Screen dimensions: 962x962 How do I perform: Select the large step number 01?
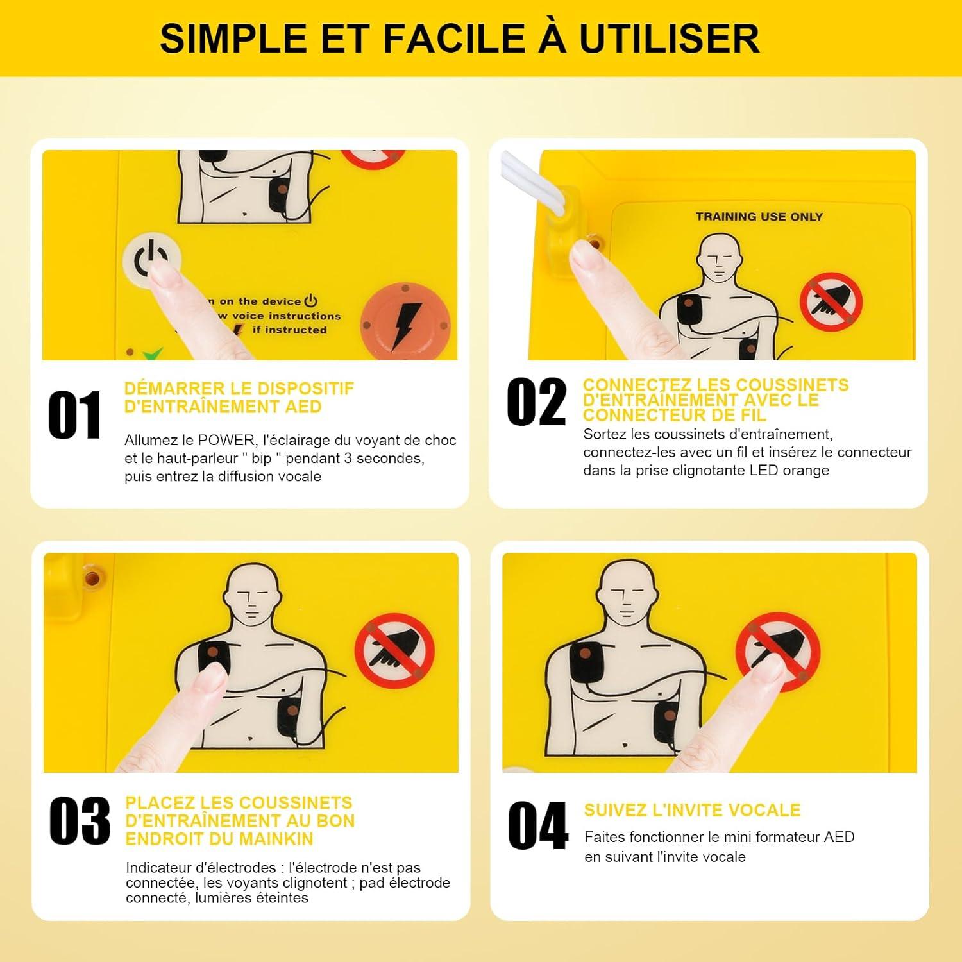pyautogui.click(x=75, y=415)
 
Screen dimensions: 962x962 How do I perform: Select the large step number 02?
pyautogui.click(x=536, y=403)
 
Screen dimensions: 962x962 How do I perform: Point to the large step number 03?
pyautogui.click(x=80, y=821)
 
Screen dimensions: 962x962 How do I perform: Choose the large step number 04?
pyautogui.click(x=537, y=826)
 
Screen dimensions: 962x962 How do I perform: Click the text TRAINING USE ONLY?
pyautogui.click(x=759, y=217)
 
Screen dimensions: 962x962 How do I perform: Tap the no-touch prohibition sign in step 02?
pyautogui.click(x=831, y=301)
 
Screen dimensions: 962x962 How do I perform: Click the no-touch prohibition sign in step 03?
pyautogui.click(x=394, y=652)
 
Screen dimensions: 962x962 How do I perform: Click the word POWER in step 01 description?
pyautogui.click(x=226, y=441)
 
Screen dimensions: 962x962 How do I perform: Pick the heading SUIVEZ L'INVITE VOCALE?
pyautogui.click(x=692, y=810)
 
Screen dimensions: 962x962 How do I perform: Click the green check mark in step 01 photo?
pyautogui.click(x=153, y=353)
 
